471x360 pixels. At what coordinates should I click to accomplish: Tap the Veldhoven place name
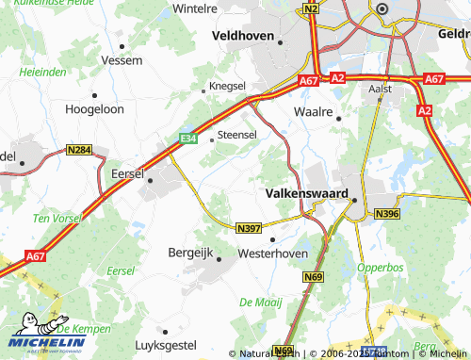click(x=243, y=36)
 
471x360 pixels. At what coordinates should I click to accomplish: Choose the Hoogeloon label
click(x=94, y=108)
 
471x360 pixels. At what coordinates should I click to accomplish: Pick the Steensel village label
click(x=237, y=136)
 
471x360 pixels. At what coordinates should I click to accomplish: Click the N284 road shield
click(x=79, y=150)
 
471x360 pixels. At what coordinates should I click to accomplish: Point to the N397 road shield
click(x=249, y=228)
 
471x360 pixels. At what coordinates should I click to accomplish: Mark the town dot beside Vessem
click(x=122, y=45)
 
